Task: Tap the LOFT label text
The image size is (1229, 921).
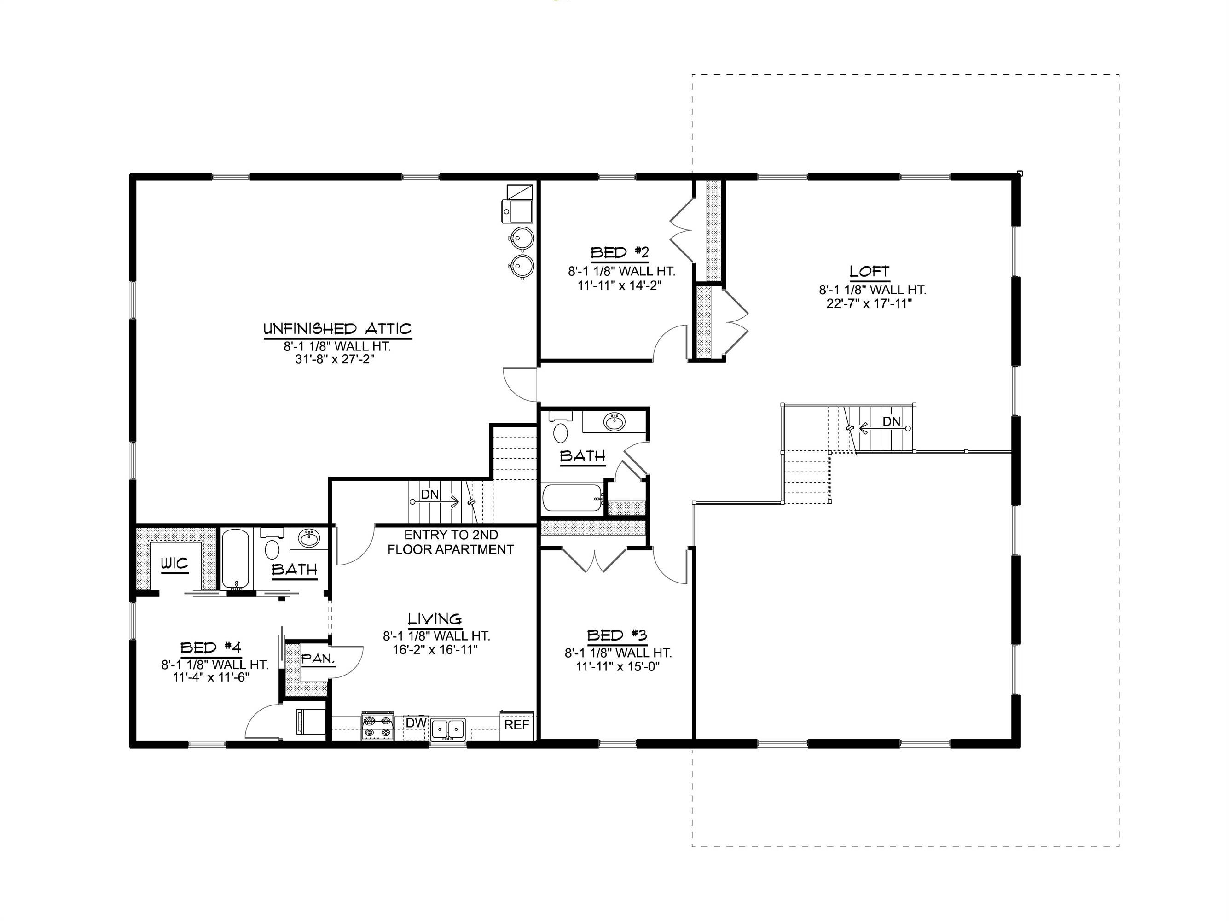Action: click(869, 271)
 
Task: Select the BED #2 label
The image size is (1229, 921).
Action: click(619, 253)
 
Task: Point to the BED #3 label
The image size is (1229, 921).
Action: click(617, 635)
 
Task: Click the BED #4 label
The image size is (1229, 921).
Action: click(210, 647)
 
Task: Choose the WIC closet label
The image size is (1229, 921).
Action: click(174, 564)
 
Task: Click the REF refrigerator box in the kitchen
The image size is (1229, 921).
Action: click(517, 725)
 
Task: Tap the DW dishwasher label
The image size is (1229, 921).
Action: click(416, 722)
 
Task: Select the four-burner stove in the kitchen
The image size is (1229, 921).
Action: click(377, 726)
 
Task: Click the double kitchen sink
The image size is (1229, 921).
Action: click(448, 728)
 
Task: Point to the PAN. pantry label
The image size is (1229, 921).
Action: click(318, 659)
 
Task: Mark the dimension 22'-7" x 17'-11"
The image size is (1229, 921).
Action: click(869, 303)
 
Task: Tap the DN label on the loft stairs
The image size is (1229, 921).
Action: click(891, 422)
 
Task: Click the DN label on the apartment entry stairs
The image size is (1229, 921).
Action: click(429, 494)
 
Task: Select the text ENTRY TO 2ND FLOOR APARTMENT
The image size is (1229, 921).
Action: click(451, 542)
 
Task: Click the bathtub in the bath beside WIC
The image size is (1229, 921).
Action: click(237, 559)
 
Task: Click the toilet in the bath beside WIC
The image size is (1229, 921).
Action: click(272, 547)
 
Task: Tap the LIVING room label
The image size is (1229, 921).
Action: click(435, 618)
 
